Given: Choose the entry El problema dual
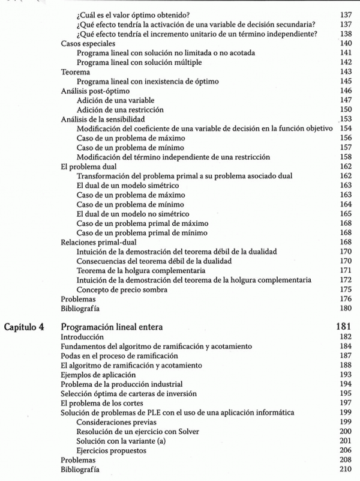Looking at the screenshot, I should [x=89, y=166].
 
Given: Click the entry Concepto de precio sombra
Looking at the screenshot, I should [x=122, y=289].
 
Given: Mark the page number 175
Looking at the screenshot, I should [x=344, y=289].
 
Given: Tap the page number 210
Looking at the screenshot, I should [x=344, y=468].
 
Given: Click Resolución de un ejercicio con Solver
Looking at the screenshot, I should [x=139, y=431].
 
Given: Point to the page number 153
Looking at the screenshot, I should [x=344, y=119].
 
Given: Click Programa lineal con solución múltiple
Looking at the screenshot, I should [x=139, y=62].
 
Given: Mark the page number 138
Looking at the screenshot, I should [x=344, y=34].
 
